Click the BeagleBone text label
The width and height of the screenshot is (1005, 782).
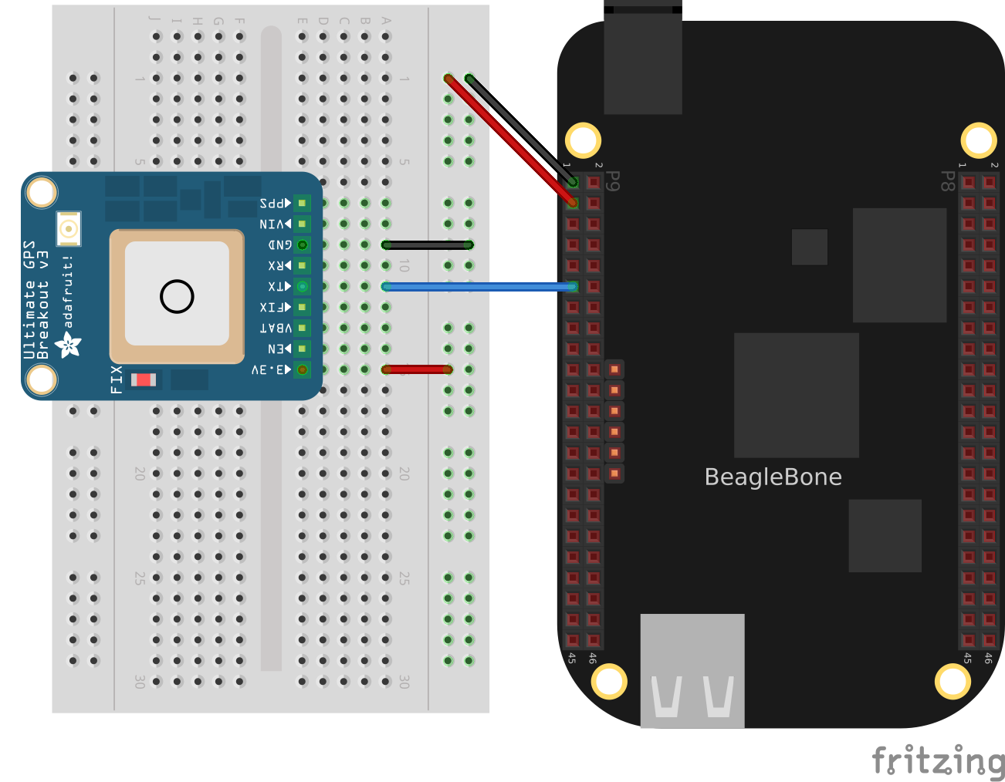coord(773,477)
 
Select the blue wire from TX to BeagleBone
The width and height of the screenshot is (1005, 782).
coord(479,287)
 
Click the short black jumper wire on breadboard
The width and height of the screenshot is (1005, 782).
coord(427,245)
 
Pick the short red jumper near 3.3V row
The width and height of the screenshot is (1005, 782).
coord(417,369)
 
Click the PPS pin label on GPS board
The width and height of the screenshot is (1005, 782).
coord(275,204)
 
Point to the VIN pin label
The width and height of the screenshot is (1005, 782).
coord(275,224)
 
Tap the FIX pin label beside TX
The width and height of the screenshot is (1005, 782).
coord(275,308)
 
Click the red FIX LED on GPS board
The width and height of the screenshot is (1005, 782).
coord(144,379)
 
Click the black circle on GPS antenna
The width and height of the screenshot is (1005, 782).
coord(177,296)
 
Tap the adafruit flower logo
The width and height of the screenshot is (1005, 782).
coord(68,344)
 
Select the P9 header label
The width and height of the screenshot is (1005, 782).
coord(613,181)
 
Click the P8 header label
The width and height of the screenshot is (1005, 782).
coord(947,181)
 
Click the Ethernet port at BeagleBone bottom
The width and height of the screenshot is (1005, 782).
coord(692,669)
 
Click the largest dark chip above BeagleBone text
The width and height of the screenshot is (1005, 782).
coord(796,395)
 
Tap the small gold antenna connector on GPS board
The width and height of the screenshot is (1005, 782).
coord(69,228)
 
